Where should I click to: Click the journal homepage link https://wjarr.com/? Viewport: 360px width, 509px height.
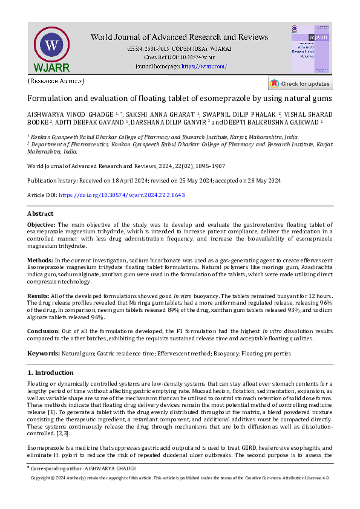click(x=204, y=66)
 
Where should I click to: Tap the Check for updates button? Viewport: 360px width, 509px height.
click(x=300, y=83)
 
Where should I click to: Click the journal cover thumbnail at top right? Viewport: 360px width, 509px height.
click(x=310, y=49)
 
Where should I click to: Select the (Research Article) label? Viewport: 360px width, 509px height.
click(x=56, y=80)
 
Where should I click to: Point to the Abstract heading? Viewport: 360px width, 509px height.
click(x=40, y=213)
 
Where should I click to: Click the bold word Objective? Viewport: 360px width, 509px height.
click(x=41, y=224)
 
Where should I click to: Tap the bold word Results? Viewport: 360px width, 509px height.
click(x=38, y=294)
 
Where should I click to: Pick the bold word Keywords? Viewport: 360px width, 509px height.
click(x=42, y=353)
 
